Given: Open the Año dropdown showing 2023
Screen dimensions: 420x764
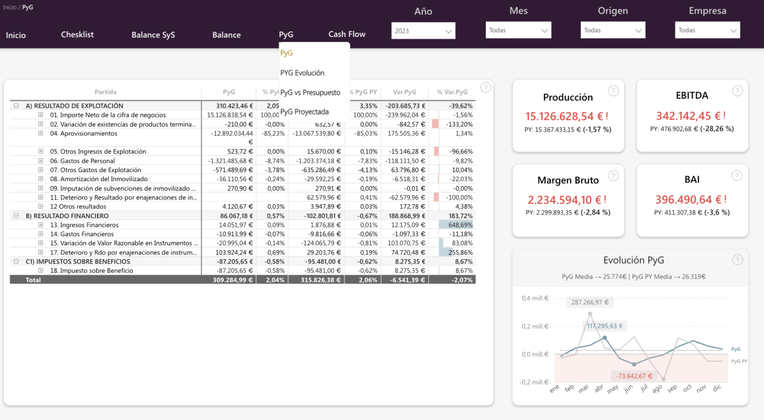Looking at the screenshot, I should click(423, 30).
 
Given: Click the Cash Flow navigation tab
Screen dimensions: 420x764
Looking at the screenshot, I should click(347, 35).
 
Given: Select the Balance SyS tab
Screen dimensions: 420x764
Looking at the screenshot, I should click(153, 35).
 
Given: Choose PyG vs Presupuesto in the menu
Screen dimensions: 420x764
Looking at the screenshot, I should click(310, 93).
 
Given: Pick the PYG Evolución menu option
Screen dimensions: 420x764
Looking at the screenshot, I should click(302, 73).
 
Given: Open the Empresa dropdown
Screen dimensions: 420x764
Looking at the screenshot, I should click(707, 30).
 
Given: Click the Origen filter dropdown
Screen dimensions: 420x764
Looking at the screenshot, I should click(613, 30).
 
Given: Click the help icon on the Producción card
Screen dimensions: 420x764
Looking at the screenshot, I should click(613, 91).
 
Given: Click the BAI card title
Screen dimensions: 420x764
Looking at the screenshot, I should click(692, 179).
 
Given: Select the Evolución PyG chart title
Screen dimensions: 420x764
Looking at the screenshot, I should click(634, 260).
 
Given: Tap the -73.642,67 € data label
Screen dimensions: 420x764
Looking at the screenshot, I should click(632, 376).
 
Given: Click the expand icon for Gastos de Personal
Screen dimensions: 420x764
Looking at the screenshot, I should click(41, 161).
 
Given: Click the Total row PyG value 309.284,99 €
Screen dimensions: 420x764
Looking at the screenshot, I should click(229, 280).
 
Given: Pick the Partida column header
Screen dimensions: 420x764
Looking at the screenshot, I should click(106, 92).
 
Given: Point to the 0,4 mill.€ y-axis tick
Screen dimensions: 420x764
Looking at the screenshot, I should click(535, 298).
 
